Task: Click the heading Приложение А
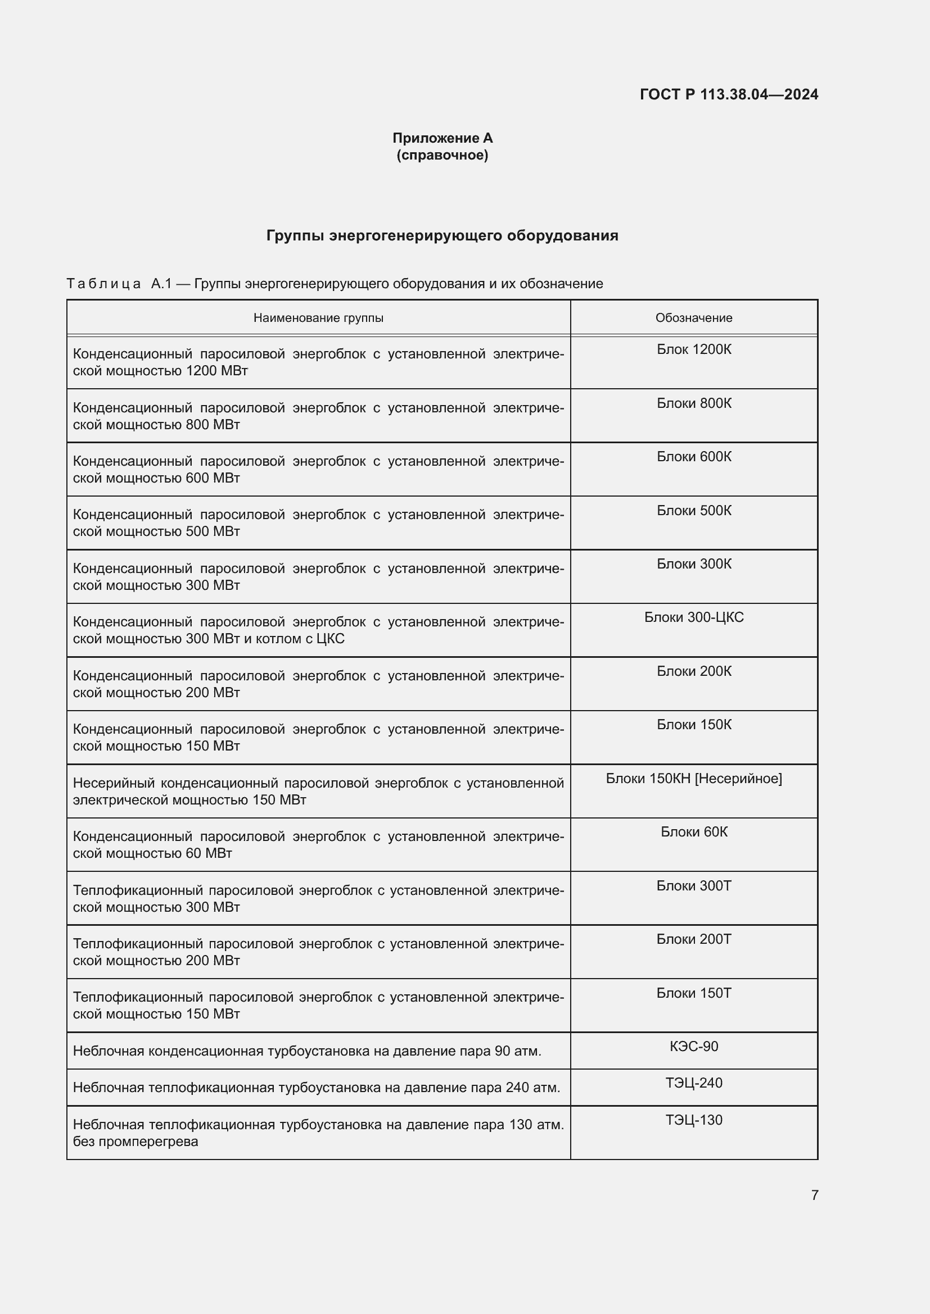point(442,138)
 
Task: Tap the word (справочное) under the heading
point(442,155)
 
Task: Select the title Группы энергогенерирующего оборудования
point(442,236)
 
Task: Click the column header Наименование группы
point(318,317)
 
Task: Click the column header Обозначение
point(693,317)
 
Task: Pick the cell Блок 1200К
point(693,349)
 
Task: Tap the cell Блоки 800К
point(693,403)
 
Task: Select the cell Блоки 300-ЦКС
point(693,617)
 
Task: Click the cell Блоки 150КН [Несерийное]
point(693,778)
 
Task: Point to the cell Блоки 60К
point(693,831)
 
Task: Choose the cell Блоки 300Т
point(693,885)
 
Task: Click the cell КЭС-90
point(693,1046)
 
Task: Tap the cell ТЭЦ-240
point(693,1083)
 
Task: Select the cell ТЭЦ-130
point(693,1120)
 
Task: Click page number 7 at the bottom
point(814,1195)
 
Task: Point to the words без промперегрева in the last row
point(135,1142)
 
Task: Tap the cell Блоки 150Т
point(693,993)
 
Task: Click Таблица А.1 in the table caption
point(119,284)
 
